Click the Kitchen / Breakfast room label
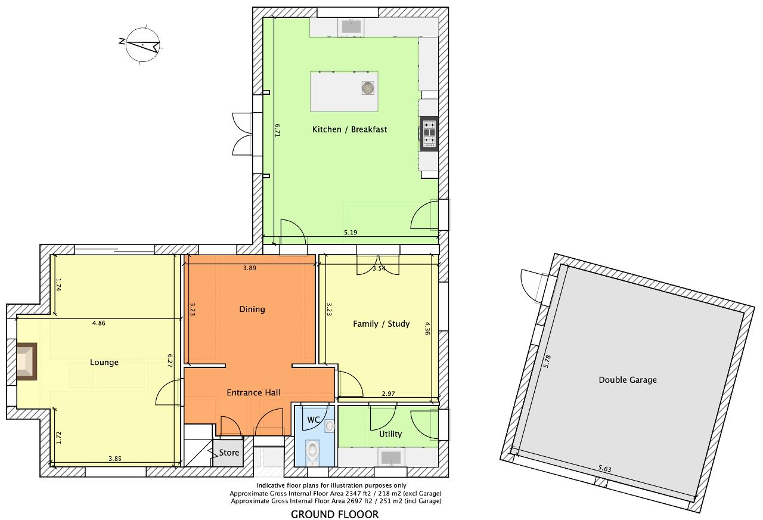tap(349, 129)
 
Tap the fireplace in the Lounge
tap(27, 361)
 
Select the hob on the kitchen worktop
tap(429, 134)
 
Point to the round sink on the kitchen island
tap(368, 88)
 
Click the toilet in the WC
tap(312, 450)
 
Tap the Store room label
tap(229, 453)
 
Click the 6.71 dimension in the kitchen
tap(278, 130)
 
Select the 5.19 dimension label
tap(351, 233)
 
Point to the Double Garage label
tap(628, 380)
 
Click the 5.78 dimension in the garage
tap(547, 361)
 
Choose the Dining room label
tap(252, 309)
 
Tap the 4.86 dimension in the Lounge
tap(99, 323)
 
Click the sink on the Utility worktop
tap(391, 457)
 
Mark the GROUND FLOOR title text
tap(334, 514)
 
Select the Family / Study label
tap(381, 324)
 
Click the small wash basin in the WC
tap(330, 426)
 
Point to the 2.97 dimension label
tap(388, 394)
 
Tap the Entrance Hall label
tap(253, 392)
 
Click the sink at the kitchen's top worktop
tap(351, 27)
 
